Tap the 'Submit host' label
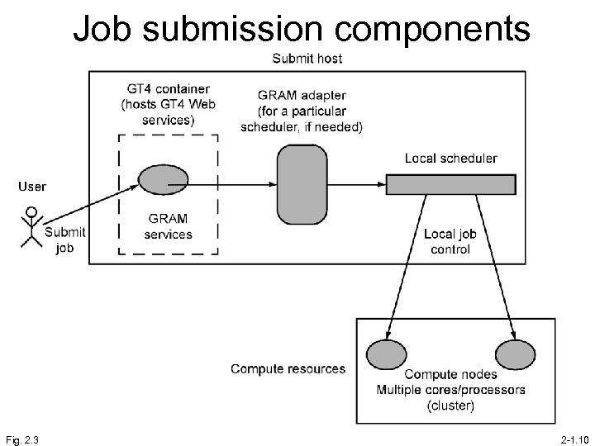click(x=307, y=59)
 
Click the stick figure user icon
click(x=31, y=226)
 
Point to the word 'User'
click(x=32, y=187)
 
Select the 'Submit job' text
click(x=64, y=240)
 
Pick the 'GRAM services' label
click(x=168, y=226)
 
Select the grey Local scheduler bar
click(x=451, y=183)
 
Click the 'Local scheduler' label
click(x=450, y=159)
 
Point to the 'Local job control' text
click(x=450, y=241)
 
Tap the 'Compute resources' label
click(x=288, y=368)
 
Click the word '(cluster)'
click(x=450, y=405)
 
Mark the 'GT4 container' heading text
click(x=168, y=89)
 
